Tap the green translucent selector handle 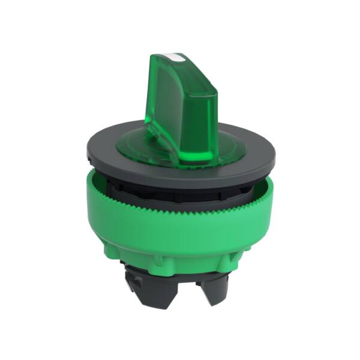point(180,108)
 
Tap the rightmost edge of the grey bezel point(275,157)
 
